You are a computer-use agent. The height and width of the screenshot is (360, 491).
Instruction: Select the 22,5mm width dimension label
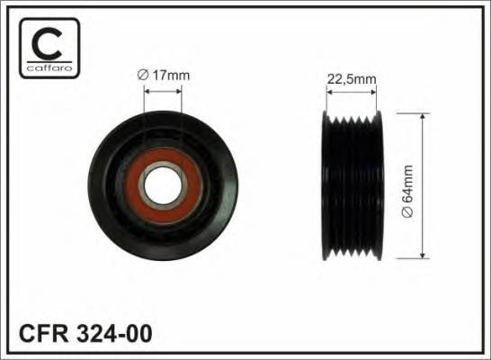(x=351, y=78)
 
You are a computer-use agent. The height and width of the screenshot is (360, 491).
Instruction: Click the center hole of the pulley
(x=163, y=186)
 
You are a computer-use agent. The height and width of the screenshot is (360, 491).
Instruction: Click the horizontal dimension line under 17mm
(x=163, y=90)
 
